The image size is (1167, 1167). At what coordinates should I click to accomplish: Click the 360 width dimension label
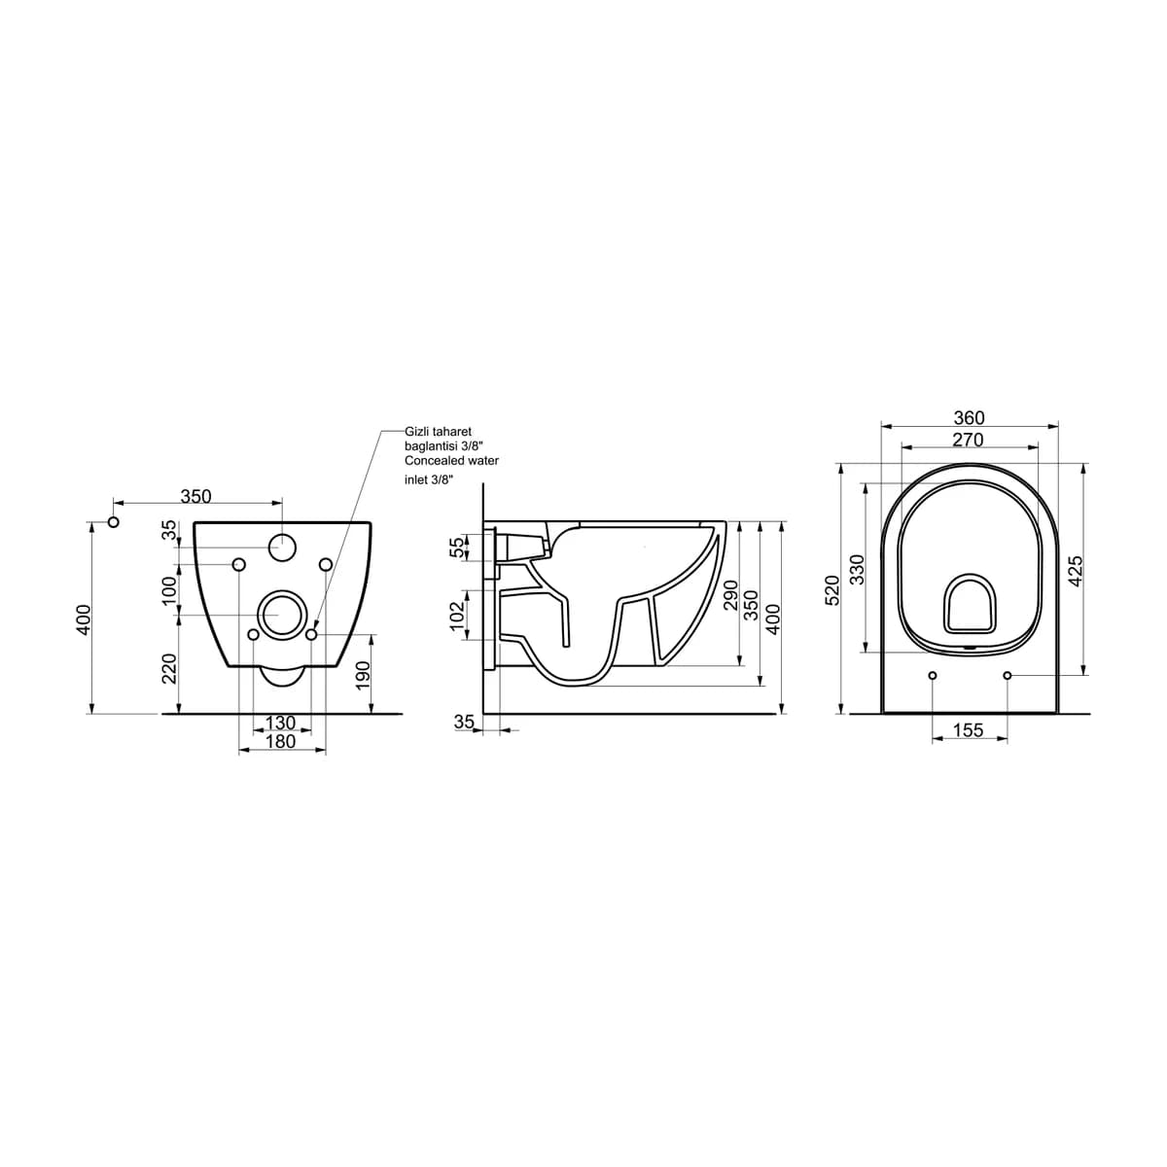[969, 418]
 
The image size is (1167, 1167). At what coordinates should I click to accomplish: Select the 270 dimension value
[967, 440]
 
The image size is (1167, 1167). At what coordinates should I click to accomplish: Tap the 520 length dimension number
[833, 590]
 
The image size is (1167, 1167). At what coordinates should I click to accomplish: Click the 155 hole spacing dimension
[968, 730]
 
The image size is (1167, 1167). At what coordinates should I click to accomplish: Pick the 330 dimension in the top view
[857, 569]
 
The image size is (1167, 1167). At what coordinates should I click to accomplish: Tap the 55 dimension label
[460, 548]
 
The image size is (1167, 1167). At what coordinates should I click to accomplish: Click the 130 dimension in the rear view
[281, 723]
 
